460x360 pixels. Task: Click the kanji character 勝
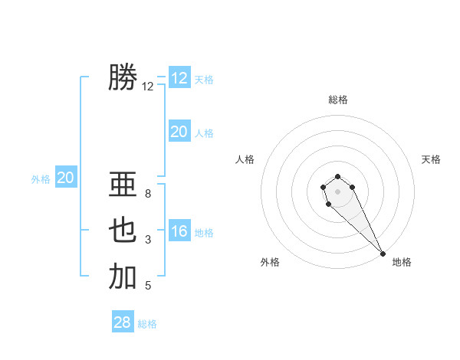123,78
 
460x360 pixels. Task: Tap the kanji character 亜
123,185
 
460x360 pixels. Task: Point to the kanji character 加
123,277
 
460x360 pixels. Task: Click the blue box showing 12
179,78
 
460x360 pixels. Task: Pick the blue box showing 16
179,231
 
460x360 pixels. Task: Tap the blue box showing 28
123,322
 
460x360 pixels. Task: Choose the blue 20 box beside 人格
179,132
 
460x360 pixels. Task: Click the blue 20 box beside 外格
66,178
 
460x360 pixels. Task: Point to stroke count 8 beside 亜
148,194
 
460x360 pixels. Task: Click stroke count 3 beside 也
148,240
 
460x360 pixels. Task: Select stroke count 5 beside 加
148,286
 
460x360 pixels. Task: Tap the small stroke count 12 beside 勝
148,87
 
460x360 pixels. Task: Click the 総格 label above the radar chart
338,100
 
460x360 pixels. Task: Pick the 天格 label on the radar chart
431,159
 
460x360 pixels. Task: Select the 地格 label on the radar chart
402,262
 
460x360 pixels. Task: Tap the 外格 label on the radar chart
270,262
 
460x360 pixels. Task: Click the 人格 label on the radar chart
245,159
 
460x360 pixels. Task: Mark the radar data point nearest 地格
383,254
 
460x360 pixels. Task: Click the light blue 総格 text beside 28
147,324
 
